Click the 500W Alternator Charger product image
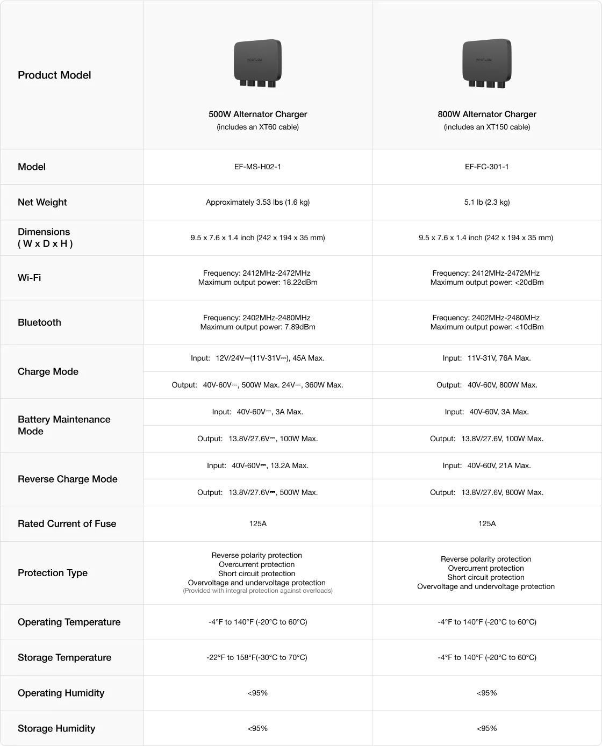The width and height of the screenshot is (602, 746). [x=257, y=63]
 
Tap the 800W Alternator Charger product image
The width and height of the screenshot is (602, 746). [x=487, y=63]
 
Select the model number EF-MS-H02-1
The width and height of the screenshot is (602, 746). [x=257, y=167]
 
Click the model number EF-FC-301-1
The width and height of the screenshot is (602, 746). [x=487, y=167]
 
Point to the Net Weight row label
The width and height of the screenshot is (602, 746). [x=42, y=202]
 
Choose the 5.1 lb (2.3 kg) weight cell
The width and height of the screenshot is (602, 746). [x=487, y=202]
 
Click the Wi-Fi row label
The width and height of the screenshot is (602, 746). [x=30, y=278]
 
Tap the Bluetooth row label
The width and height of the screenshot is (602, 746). [x=39, y=322]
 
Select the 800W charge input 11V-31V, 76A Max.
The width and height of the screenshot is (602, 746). [x=487, y=358]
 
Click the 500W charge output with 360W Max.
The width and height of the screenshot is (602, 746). [x=257, y=385]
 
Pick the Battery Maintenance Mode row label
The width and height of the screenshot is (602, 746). [x=64, y=425]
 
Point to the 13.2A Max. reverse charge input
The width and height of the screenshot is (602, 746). [x=257, y=465]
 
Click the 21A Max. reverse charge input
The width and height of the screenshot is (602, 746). [x=487, y=465]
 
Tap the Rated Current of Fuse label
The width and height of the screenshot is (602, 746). [x=67, y=523]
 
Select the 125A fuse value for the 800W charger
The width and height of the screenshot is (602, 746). [x=487, y=523]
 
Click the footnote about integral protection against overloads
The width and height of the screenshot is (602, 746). [x=257, y=591]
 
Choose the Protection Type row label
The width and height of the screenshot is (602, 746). [x=53, y=573]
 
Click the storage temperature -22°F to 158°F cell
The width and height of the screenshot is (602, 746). [x=257, y=657]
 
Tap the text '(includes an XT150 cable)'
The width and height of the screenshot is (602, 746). [x=487, y=127]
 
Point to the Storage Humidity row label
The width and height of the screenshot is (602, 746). [x=56, y=728]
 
